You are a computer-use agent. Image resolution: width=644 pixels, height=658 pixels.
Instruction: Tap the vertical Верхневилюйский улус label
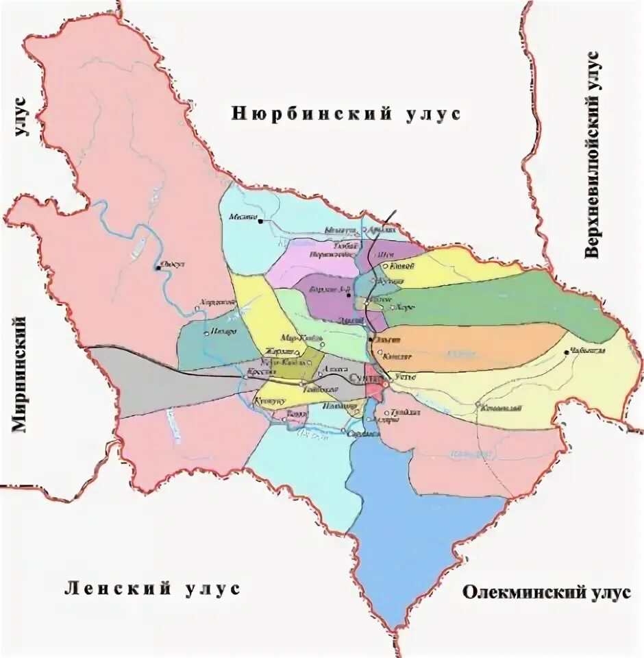pos(593,154)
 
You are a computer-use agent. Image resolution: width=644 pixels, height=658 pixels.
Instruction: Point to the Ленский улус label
pos(152,588)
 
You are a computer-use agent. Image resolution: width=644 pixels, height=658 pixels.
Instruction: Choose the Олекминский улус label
pos(546,592)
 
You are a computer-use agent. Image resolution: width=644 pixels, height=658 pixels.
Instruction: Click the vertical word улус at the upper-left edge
pos(21,117)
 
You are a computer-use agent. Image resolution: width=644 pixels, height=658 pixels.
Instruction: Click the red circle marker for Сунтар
pos(384,385)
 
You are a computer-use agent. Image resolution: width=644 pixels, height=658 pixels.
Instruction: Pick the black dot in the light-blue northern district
pos(260,221)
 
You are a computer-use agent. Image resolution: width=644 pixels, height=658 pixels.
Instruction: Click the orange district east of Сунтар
pos(473,346)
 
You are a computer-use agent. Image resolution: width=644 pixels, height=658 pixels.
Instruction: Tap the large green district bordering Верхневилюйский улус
pos(500,302)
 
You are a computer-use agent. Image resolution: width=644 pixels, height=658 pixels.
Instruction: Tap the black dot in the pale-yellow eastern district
pos(567,352)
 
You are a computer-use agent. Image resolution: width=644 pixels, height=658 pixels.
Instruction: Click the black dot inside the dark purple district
pos(349,296)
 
